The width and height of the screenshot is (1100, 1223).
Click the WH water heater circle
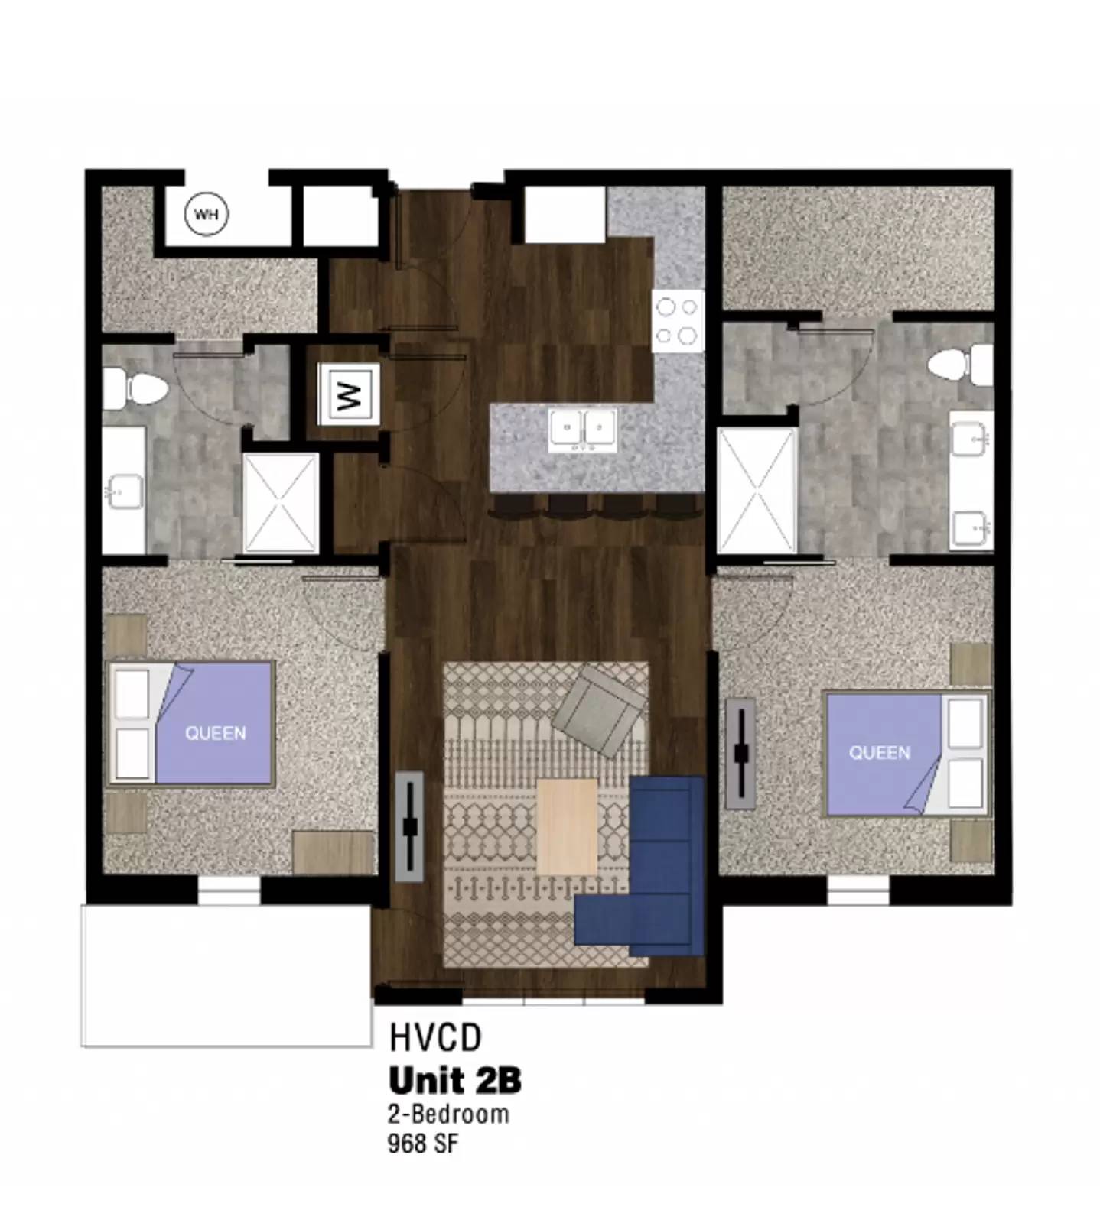[207, 214]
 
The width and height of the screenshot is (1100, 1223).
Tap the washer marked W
[349, 394]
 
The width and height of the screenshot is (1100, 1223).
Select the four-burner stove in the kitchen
[678, 321]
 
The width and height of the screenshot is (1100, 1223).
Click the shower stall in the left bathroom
[280, 502]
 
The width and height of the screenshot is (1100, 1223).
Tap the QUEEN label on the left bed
[216, 733]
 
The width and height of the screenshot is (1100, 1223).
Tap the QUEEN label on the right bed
[880, 753]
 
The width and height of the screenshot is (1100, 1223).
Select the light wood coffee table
[566, 826]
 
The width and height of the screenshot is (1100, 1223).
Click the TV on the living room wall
[410, 826]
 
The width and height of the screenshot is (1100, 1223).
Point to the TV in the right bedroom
[740, 753]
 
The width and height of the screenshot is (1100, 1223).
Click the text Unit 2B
[455, 1081]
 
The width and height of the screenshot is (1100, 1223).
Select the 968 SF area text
[423, 1144]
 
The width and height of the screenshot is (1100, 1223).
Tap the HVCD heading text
[435, 1038]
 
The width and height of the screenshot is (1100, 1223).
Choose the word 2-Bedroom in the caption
[448, 1114]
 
